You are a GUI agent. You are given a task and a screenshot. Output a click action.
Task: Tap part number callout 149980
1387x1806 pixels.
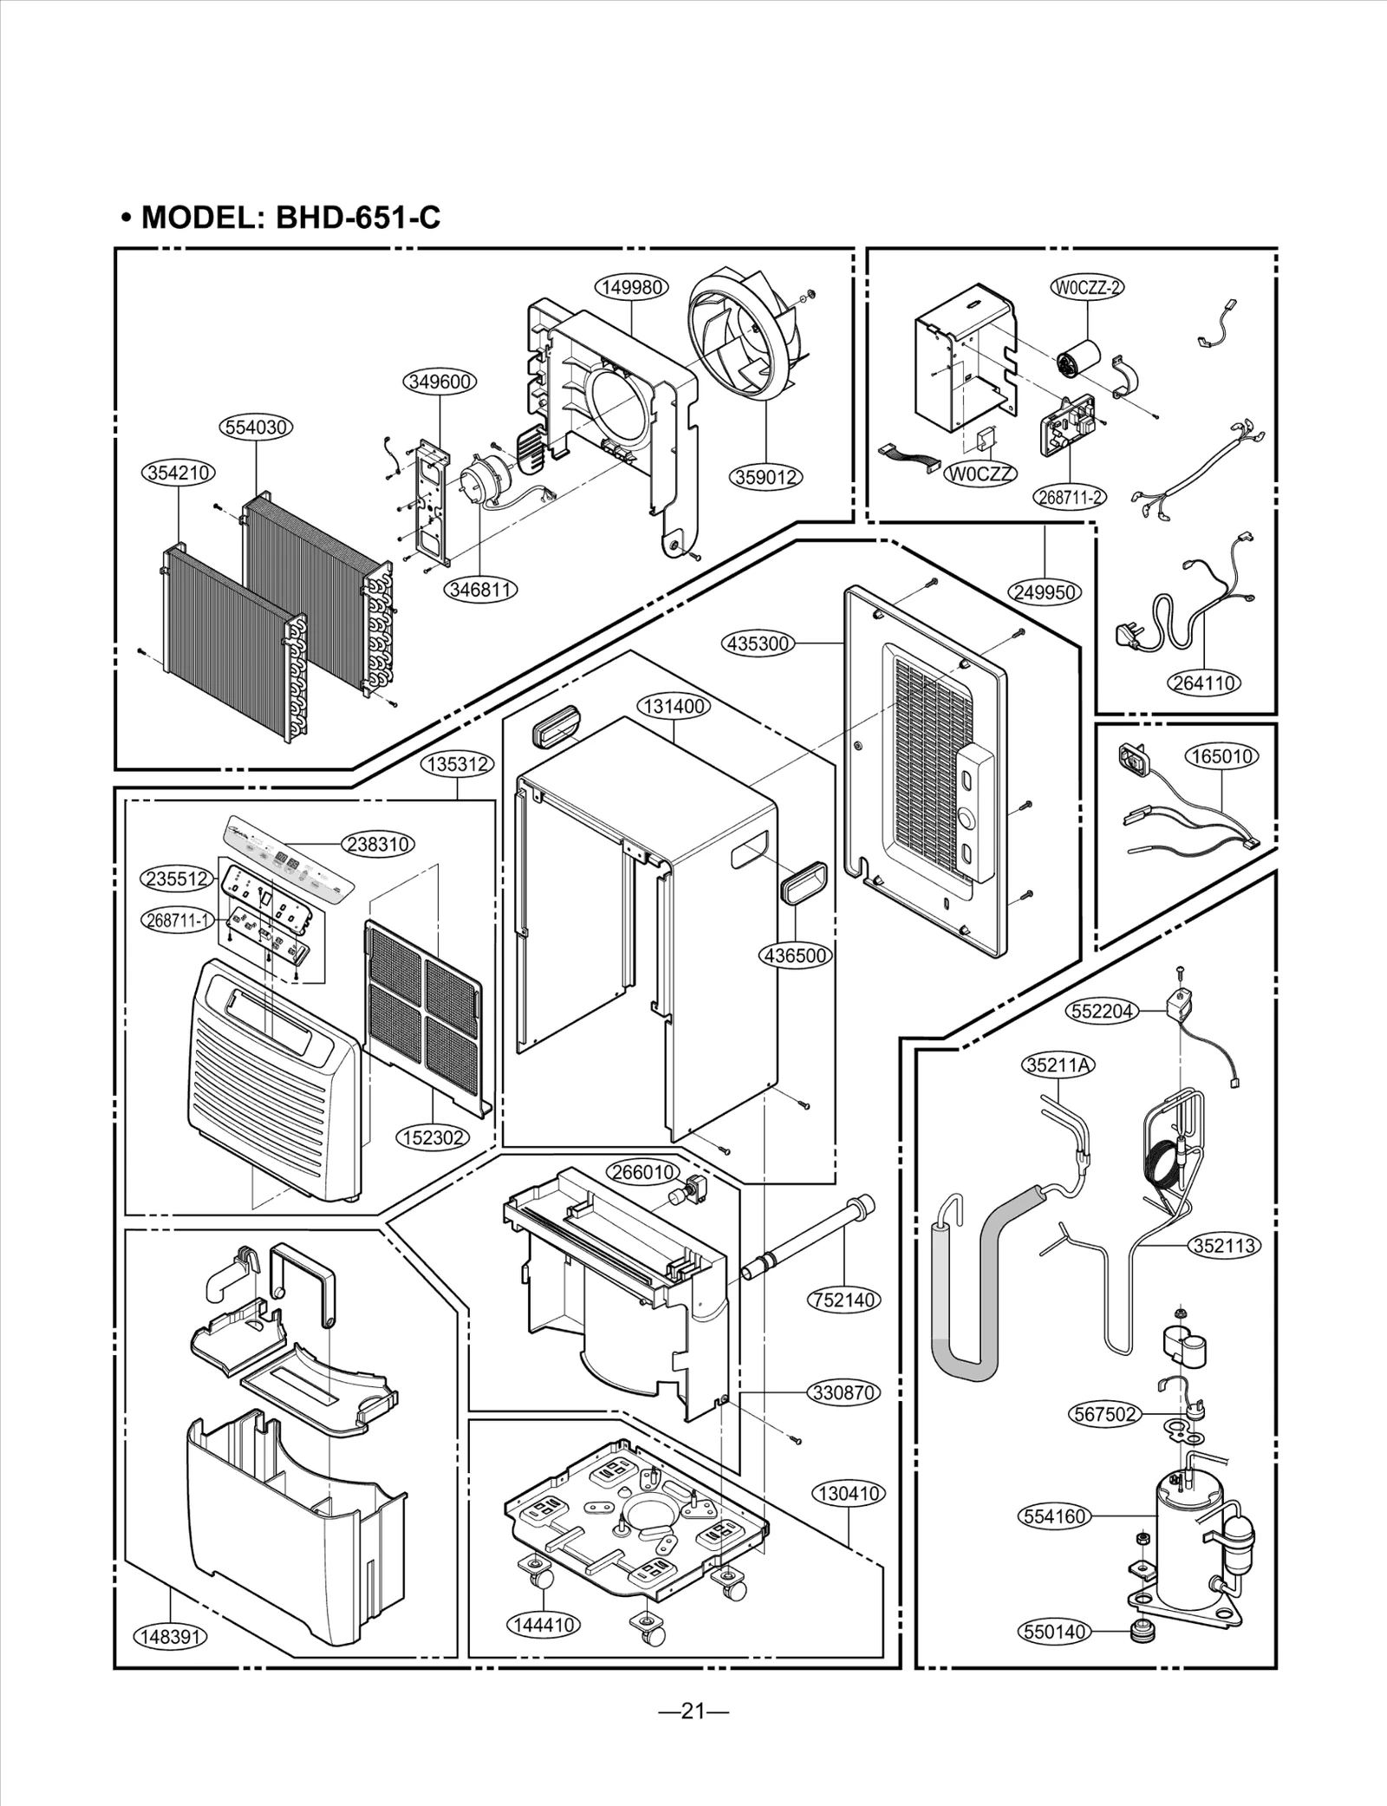(632, 287)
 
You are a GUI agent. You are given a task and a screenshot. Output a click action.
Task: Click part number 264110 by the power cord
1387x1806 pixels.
(1204, 683)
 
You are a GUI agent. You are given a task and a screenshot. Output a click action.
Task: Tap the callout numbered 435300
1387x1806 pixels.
(758, 643)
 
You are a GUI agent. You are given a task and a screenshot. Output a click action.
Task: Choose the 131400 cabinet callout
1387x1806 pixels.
(674, 707)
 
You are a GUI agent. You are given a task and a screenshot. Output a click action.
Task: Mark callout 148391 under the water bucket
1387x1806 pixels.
(171, 1637)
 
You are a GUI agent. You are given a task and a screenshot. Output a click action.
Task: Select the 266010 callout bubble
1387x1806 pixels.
(642, 1172)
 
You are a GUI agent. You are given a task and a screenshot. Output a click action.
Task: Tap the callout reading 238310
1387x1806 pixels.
(378, 844)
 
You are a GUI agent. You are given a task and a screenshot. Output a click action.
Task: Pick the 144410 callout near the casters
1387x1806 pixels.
(544, 1625)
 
